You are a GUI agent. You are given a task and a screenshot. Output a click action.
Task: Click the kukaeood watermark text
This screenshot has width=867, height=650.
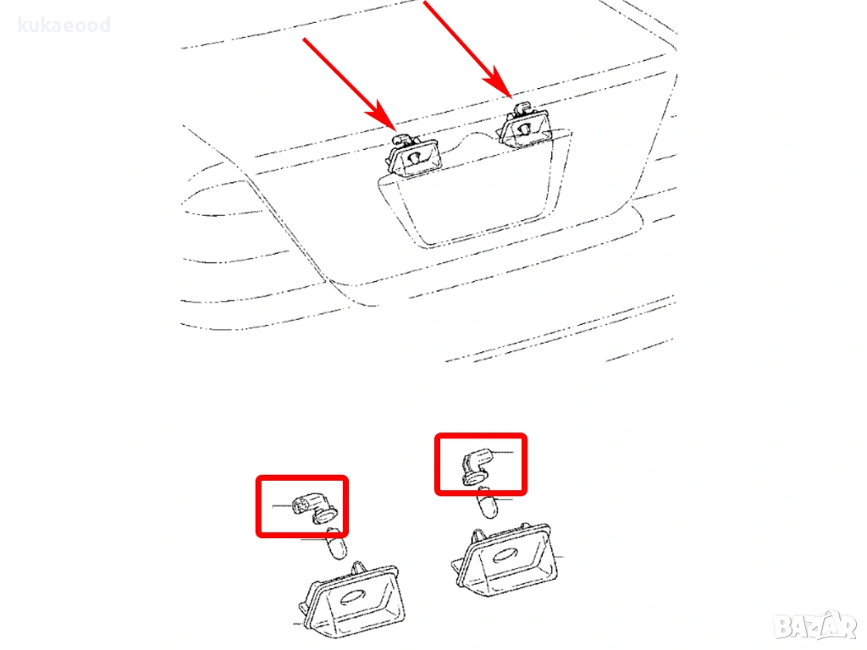click(x=64, y=25)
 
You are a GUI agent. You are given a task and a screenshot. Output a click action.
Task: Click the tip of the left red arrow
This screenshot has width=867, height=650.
click(x=395, y=130)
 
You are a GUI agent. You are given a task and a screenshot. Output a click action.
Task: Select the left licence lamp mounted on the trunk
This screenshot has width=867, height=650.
click(x=413, y=155)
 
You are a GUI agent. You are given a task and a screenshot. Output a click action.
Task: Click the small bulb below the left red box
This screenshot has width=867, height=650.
click(x=336, y=543)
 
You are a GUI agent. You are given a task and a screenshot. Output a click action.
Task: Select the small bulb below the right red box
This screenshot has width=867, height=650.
click(x=487, y=503)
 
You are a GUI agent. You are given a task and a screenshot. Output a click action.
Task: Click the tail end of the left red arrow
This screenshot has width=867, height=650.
click(x=304, y=39)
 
